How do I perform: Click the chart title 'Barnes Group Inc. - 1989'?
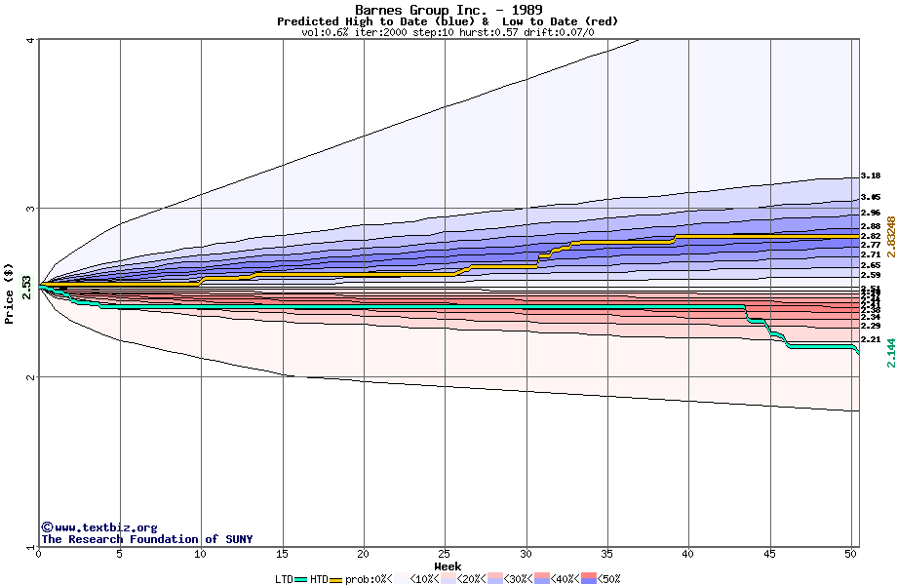pyautogui.click(x=448, y=10)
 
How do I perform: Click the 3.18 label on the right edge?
pyautogui.click(x=871, y=176)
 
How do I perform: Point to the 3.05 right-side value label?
pyautogui.click(x=871, y=197)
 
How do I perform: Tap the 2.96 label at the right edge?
pyautogui.click(x=871, y=213)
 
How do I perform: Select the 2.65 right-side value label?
pyautogui.click(x=871, y=265)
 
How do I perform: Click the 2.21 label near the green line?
pyautogui.click(x=871, y=340)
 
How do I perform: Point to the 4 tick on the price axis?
pyautogui.click(x=31, y=40)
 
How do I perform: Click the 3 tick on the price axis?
pyautogui.click(x=31, y=209)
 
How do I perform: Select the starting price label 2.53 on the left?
pyautogui.click(x=26, y=285)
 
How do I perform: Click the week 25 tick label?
pyautogui.click(x=445, y=554)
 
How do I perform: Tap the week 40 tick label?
pyautogui.click(x=688, y=554)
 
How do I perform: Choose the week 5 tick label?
pyautogui.click(x=120, y=554)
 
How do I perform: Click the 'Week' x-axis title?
pyautogui.click(x=448, y=565)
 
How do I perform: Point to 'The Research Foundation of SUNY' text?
pyautogui.click(x=146, y=539)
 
